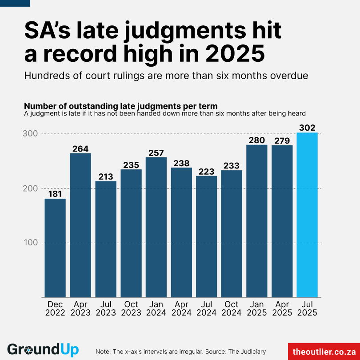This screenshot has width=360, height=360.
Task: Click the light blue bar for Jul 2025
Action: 307,215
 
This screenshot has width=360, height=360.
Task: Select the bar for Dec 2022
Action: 55,248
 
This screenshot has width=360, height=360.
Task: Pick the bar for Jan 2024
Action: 156,227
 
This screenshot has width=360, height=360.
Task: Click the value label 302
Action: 307,128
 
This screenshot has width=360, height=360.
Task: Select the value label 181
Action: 55,194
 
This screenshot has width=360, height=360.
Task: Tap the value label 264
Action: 80,148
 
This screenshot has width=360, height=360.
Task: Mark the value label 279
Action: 282,141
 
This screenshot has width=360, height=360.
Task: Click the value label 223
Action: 207,171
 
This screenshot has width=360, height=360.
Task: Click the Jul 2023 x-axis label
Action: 106,308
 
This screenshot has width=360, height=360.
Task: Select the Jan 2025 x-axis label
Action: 257,308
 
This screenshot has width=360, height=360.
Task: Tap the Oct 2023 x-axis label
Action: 131,308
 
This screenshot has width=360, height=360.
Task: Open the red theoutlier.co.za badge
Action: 324,351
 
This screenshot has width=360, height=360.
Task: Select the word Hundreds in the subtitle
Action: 46,76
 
